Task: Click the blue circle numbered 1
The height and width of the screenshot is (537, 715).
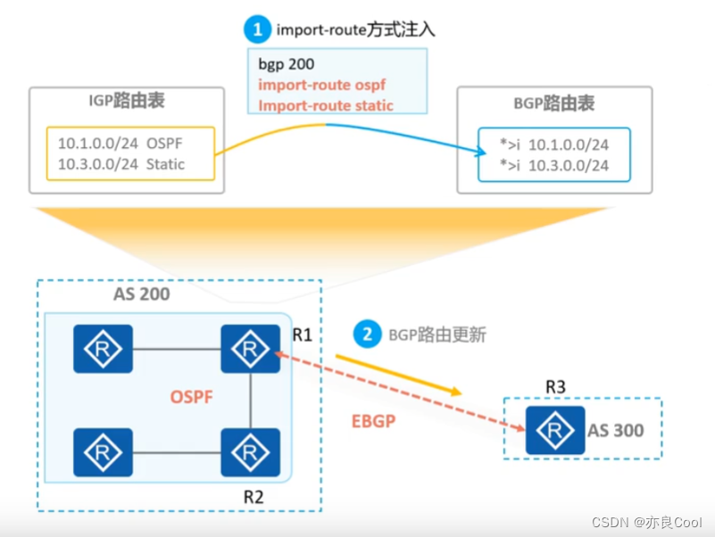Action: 257,29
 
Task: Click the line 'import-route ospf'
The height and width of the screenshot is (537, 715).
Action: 322,86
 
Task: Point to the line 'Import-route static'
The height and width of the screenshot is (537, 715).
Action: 326,105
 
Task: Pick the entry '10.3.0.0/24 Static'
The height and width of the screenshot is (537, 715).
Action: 121,163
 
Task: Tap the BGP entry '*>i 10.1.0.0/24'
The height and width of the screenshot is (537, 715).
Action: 555,144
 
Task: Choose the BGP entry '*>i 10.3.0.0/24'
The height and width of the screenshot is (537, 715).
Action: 555,165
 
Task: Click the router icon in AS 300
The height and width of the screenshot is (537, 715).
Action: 549,429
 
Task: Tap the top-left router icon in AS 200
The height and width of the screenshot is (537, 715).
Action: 104,348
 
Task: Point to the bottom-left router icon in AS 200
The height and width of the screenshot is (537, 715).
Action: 104,451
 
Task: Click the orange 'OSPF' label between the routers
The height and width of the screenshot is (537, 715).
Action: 192,397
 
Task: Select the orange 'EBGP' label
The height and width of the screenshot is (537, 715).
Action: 373,419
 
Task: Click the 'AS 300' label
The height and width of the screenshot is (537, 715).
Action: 615,430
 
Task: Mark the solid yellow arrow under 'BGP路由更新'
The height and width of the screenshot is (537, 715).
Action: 397,374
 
